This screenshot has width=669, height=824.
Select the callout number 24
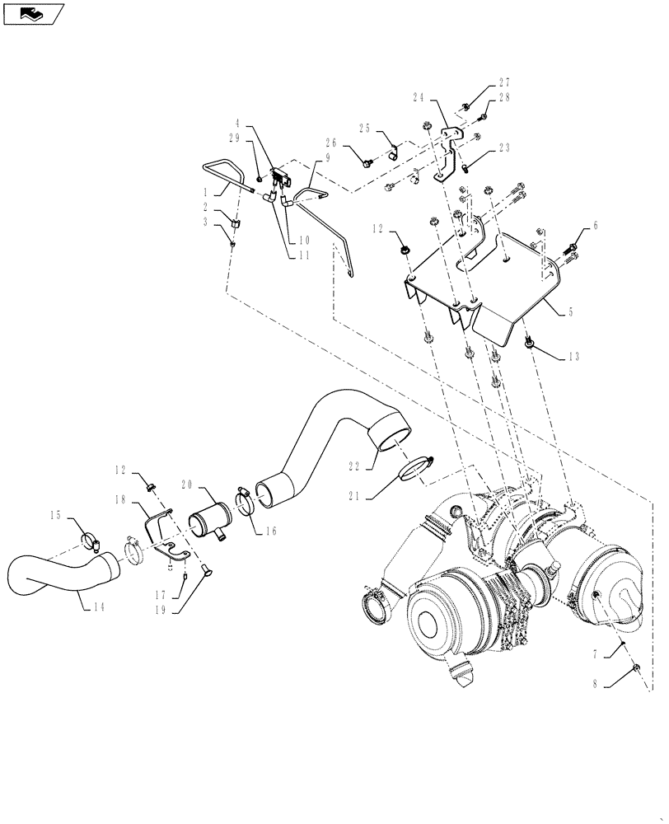click(419, 96)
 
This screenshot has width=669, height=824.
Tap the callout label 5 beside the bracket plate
click(572, 313)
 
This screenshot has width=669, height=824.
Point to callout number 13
click(573, 358)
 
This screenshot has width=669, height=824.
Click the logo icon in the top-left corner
click(33, 13)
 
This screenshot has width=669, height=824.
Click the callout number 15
click(57, 515)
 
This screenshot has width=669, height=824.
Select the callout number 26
click(331, 142)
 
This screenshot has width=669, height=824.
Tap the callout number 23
click(504, 149)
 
